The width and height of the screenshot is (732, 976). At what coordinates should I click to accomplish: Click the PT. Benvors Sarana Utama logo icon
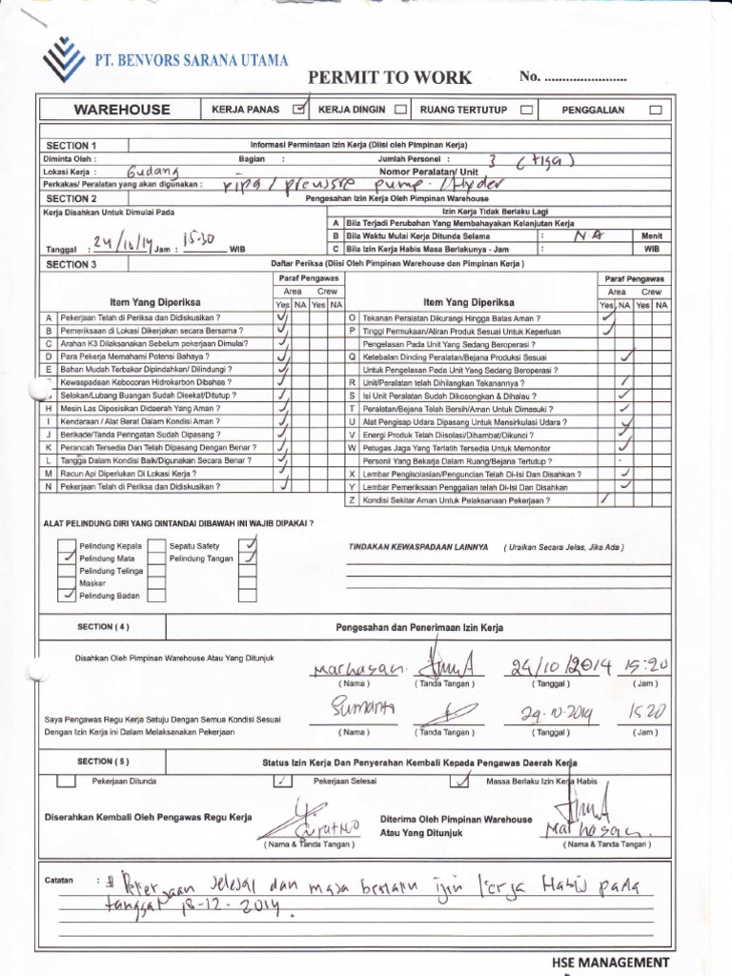point(65,58)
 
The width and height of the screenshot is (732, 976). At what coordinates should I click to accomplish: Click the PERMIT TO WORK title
point(389,77)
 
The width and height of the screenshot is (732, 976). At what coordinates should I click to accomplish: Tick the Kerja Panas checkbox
point(300,110)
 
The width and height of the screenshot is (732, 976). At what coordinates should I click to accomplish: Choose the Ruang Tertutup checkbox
point(525,110)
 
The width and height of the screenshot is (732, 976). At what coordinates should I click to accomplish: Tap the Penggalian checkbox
point(655,110)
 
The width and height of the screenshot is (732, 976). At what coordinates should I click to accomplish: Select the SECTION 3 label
point(71,264)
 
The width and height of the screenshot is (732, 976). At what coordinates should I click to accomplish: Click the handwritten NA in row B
point(580,234)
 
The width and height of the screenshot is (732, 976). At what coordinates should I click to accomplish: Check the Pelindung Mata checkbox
point(67,558)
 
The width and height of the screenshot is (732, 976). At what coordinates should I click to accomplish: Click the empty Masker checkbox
point(67,581)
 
